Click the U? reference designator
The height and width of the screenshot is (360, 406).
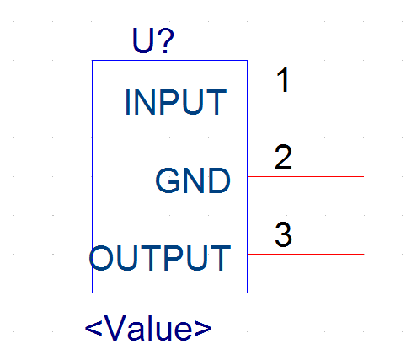tap(153, 40)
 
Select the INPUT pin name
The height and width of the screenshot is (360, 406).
tap(176, 102)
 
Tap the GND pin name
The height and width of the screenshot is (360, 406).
tap(193, 180)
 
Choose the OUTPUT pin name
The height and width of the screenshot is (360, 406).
tap(160, 258)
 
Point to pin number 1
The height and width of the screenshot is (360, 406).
tap(283, 79)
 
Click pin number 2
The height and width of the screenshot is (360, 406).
tap(283, 157)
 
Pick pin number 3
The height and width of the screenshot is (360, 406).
tap(283, 234)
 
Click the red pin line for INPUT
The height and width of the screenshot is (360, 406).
tap(306, 99)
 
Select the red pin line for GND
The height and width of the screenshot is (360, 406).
tap(306, 176)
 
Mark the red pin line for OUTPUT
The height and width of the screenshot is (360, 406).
tap(306, 254)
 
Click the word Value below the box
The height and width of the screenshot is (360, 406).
tap(149, 328)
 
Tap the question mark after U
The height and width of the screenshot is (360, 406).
tap(165, 40)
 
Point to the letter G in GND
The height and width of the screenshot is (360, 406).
tap(168, 180)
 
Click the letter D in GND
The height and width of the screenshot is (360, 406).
tap(220, 180)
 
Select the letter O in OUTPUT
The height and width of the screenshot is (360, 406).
tap(101, 258)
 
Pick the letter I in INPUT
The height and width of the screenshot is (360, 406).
tap(128, 102)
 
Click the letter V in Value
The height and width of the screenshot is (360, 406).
tap(116, 328)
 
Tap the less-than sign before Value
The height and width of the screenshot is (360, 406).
tap(93, 328)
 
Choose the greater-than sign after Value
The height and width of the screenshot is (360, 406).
tap(203, 328)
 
